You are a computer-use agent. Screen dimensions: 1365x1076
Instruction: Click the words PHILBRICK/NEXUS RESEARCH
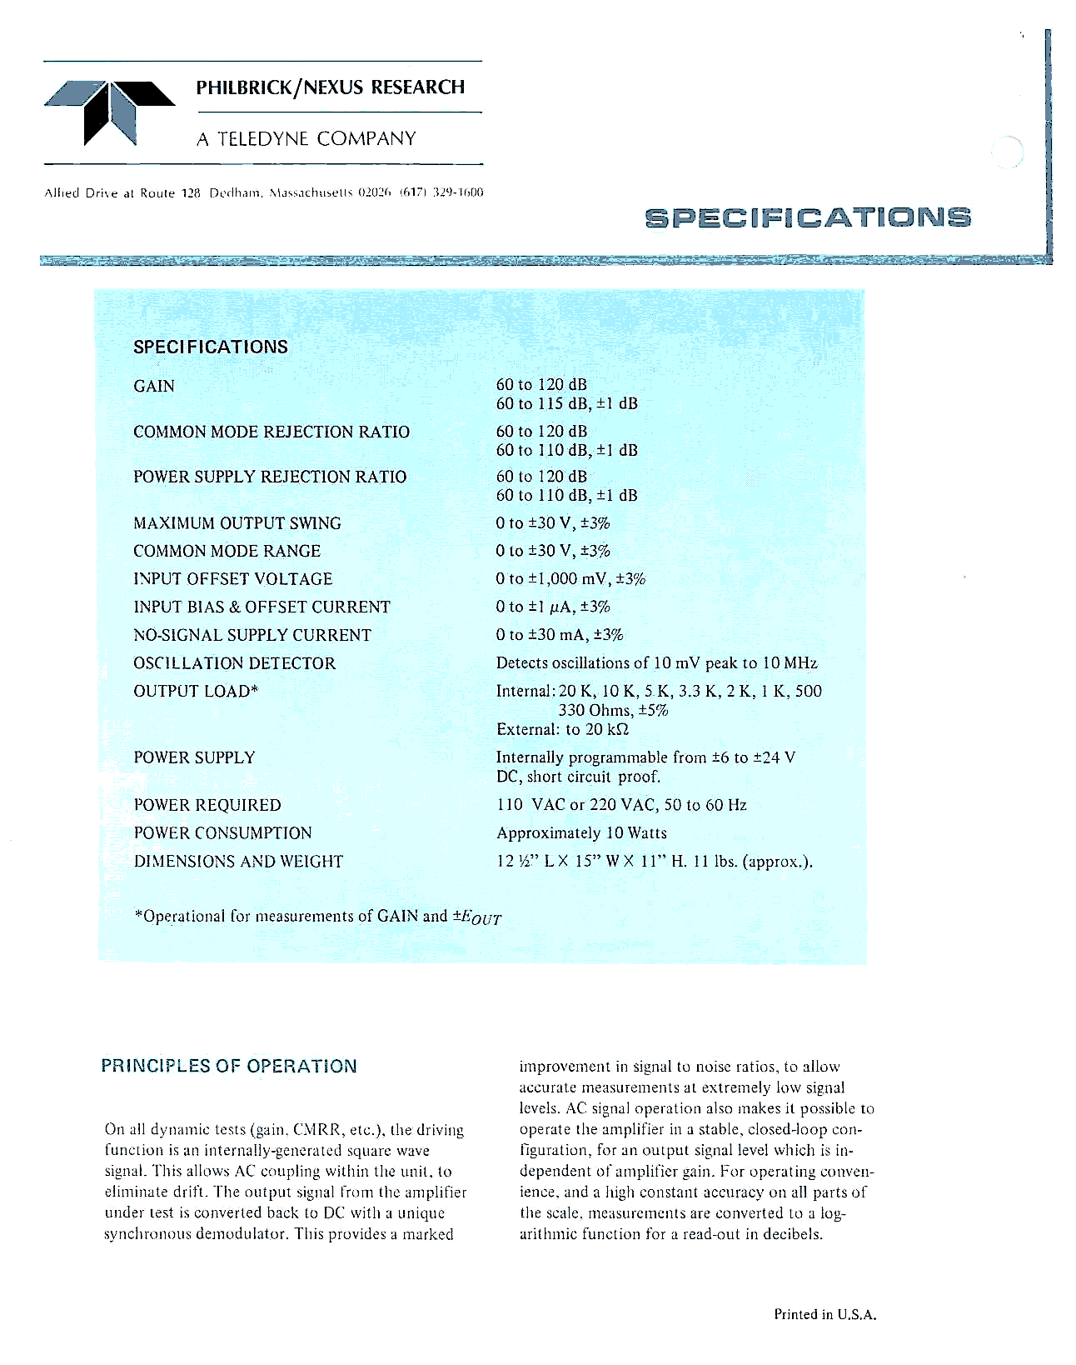331,87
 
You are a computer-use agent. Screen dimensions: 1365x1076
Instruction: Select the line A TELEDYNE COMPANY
306,139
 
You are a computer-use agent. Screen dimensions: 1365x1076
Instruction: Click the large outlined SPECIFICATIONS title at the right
808,217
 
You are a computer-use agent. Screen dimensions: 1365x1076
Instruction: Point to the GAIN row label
154,386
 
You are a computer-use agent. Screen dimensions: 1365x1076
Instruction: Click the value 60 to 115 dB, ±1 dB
566,404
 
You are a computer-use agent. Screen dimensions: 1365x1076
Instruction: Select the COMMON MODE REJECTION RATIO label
271,432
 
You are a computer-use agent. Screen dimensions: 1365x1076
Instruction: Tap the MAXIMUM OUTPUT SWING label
237,523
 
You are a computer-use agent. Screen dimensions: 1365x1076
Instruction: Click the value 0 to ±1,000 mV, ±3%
570,579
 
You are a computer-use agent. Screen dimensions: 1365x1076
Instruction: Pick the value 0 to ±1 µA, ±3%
553,607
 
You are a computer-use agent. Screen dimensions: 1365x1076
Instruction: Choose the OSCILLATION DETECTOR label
234,663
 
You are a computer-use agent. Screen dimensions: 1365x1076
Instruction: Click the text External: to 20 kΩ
562,729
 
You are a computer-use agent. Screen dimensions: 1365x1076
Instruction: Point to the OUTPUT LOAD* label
196,691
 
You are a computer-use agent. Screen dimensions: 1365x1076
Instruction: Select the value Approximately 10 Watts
581,833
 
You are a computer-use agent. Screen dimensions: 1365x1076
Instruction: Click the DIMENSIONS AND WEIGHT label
238,861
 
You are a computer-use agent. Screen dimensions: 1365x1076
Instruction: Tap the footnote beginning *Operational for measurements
317,917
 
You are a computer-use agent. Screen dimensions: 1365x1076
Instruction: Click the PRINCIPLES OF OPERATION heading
229,1066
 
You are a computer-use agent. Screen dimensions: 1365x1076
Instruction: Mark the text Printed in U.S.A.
825,1314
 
